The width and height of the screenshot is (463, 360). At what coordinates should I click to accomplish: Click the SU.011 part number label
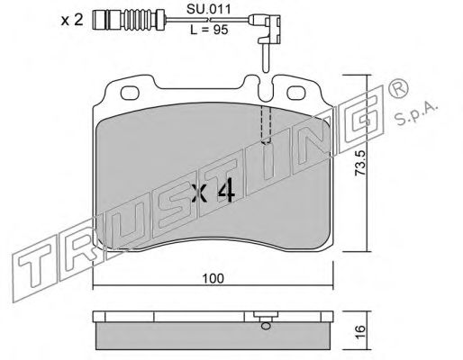(x=209, y=9)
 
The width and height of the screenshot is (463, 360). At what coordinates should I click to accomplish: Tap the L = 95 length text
(x=209, y=30)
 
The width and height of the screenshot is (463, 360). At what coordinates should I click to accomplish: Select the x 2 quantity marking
(x=72, y=20)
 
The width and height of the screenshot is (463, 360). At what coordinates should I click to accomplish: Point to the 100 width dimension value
(x=213, y=278)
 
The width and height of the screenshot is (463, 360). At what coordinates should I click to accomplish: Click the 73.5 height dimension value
(x=359, y=163)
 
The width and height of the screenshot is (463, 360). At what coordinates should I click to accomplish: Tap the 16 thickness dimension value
(x=360, y=331)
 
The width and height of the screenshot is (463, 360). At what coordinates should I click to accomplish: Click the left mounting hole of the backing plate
(x=130, y=93)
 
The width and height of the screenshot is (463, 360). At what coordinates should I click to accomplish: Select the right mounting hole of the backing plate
(x=296, y=93)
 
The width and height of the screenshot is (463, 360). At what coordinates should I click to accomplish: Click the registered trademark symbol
(x=398, y=89)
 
